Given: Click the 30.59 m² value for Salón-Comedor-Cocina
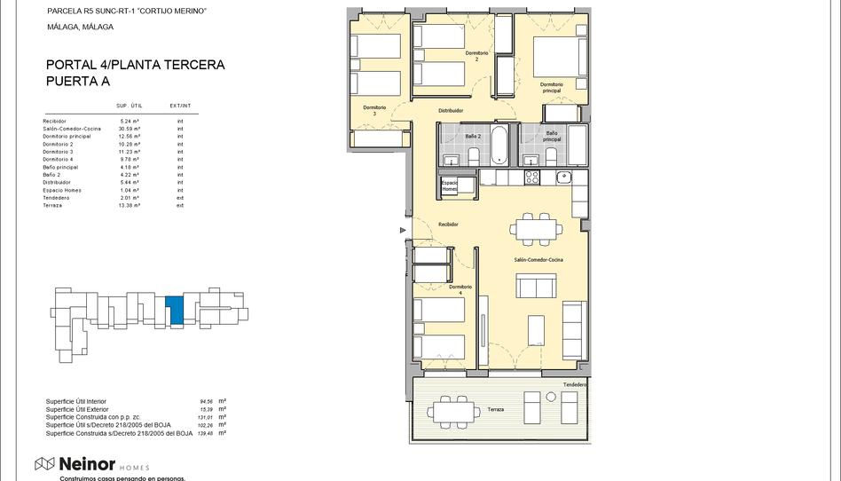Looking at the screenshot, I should (x=130, y=129).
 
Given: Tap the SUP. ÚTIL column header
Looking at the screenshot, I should (x=130, y=106).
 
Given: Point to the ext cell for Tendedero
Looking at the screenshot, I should (x=180, y=198).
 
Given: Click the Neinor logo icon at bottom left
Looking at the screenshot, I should (x=44, y=463).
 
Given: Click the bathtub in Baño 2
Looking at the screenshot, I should (x=499, y=145).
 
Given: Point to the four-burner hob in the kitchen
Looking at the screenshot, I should (x=532, y=177).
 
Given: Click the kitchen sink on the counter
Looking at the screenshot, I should (x=564, y=177).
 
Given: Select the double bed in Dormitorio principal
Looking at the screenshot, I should (x=558, y=57).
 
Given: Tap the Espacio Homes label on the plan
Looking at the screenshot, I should (x=450, y=186).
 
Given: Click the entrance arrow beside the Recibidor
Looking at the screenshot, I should (x=404, y=231).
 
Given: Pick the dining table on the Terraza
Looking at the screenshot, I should (x=456, y=411).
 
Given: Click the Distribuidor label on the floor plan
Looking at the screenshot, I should (x=451, y=111).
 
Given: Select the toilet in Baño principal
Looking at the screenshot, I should (x=551, y=156).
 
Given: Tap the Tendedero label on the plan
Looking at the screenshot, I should (x=574, y=384).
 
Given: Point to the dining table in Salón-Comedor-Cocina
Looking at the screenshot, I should (x=535, y=229).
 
